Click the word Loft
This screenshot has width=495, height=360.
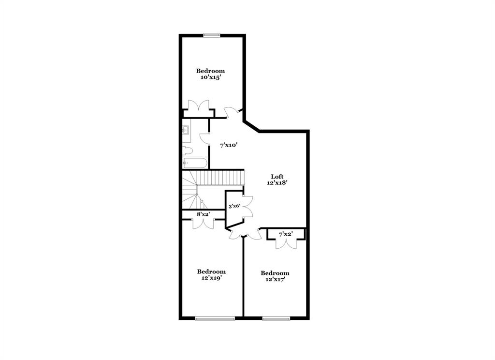[277, 177]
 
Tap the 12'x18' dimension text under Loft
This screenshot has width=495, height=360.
[277, 183]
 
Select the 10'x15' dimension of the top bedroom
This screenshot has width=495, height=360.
[210, 77]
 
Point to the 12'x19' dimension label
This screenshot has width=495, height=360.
[211, 278]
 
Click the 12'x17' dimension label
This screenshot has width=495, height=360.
[275, 279]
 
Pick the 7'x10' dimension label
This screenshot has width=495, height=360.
[229, 145]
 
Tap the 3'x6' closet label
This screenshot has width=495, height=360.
[234, 206]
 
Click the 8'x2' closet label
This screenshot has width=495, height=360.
[203, 214]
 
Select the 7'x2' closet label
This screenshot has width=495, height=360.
[286, 235]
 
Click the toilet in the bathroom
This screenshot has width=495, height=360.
[187, 150]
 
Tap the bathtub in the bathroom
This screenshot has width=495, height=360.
[195, 164]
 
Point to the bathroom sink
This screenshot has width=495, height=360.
[186, 130]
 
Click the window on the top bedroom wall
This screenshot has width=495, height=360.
[211, 35]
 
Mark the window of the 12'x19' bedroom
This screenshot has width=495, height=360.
[215, 318]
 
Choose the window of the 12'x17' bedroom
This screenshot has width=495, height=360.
[276, 318]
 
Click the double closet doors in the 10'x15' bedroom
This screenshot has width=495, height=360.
[198, 107]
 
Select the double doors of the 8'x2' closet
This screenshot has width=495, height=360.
[203, 223]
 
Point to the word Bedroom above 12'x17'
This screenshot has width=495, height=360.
[275, 273]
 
